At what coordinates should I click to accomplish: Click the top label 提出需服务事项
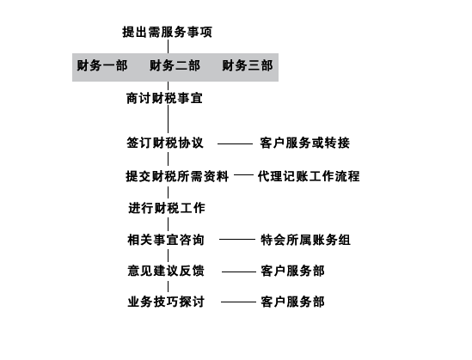tap(167, 32)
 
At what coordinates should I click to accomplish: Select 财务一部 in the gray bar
tap(102, 65)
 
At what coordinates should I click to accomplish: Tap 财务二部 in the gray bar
tap(175, 65)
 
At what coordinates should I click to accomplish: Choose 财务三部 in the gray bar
tap(248, 65)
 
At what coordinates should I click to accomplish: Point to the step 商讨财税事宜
tap(164, 98)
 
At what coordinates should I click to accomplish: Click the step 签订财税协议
tap(165, 143)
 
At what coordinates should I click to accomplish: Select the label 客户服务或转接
tap(305, 143)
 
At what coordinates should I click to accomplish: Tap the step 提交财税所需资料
tap(177, 176)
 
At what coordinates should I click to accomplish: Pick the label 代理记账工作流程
tap(309, 176)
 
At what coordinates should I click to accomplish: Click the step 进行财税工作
tap(167, 208)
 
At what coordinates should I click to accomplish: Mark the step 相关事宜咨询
tap(166, 240)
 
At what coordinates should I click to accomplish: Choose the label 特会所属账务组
tap(305, 240)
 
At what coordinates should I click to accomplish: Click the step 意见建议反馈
tap(166, 271)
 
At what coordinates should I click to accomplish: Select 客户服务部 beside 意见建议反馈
tap(292, 271)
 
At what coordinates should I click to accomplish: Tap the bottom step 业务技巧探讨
tap(166, 302)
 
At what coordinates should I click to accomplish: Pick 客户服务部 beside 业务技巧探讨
tap(292, 302)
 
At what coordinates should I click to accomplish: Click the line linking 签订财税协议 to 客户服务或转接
tap(235, 143)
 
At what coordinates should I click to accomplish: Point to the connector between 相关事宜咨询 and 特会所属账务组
tap(237, 240)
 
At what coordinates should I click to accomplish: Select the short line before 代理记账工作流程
tap(243, 174)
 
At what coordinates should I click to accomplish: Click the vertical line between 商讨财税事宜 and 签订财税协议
tap(168, 119)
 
